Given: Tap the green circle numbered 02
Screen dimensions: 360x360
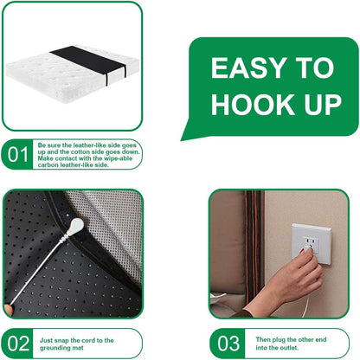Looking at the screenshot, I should pos(17,343).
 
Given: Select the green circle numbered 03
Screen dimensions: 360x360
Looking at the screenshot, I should pos(228,343).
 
